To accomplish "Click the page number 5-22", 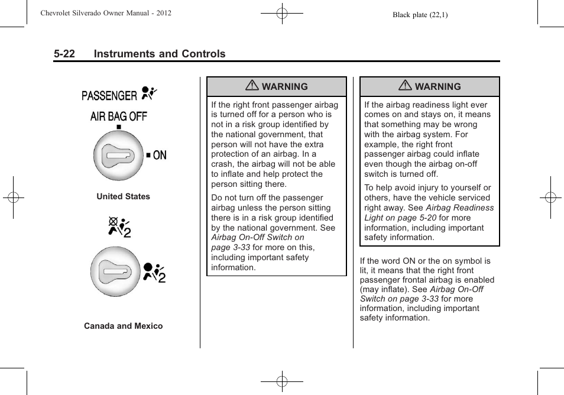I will [64, 54].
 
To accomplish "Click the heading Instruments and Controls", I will [160, 54].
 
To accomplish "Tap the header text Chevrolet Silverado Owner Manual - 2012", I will [106, 13].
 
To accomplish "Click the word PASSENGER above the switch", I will [109, 95].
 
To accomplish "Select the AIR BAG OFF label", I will [118, 116].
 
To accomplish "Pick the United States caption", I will [123, 196].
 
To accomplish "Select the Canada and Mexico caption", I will [123, 326].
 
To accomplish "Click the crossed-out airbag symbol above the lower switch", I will [119, 227].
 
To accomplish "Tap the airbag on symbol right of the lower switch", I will [154, 271].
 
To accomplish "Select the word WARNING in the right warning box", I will [437, 87].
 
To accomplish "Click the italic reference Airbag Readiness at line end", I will [459, 208].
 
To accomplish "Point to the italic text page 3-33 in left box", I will [231, 247].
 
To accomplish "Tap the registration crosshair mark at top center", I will [282, 13].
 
